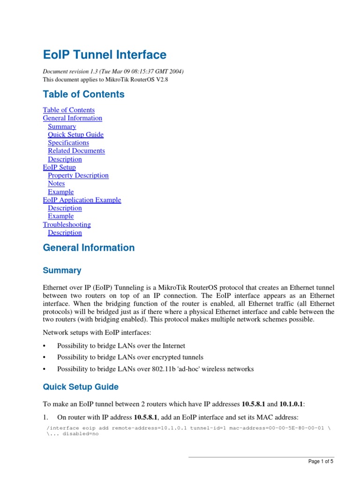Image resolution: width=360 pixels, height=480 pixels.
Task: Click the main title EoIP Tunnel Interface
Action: click(x=105, y=55)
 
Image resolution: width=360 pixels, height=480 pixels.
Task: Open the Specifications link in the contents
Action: click(x=68, y=142)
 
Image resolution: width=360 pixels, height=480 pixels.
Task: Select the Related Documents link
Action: click(x=76, y=151)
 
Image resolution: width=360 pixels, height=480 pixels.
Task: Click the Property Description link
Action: click(x=78, y=175)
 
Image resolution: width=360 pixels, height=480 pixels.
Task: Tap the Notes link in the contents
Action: click(x=56, y=184)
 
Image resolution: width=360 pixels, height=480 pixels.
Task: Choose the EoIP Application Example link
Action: click(x=82, y=200)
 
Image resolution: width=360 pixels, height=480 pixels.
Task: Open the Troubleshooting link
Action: click(x=67, y=225)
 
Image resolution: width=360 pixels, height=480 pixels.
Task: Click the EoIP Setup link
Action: click(x=59, y=167)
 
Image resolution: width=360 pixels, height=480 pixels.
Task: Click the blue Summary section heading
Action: click(x=62, y=270)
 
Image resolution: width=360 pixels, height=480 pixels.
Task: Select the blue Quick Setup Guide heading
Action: click(x=81, y=387)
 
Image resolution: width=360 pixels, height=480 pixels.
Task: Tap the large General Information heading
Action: click(x=89, y=248)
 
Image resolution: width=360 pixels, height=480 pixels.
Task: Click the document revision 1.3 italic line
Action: click(x=113, y=71)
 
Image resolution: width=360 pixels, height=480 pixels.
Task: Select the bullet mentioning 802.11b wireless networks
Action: click(x=155, y=369)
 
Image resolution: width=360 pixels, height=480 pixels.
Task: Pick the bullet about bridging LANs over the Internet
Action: click(x=121, y=345)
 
